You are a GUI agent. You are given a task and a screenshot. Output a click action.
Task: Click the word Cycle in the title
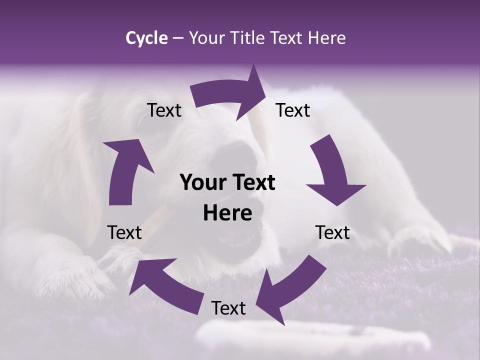coord(146,38)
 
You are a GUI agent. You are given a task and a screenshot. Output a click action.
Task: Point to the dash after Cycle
coord(178,38)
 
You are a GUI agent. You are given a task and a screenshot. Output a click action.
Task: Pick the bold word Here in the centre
coord(227,213)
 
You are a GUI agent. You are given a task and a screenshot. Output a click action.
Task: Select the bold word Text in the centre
coord(252,182)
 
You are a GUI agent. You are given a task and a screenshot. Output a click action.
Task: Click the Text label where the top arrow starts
coord(164,110)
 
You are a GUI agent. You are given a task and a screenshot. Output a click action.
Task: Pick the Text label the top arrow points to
coord(293,110)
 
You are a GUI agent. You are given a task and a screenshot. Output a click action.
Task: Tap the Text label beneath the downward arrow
coord(332,232)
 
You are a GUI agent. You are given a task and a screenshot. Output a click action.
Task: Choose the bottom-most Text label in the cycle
coord(228,308)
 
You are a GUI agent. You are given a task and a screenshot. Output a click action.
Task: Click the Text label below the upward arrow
coord(124,232)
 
